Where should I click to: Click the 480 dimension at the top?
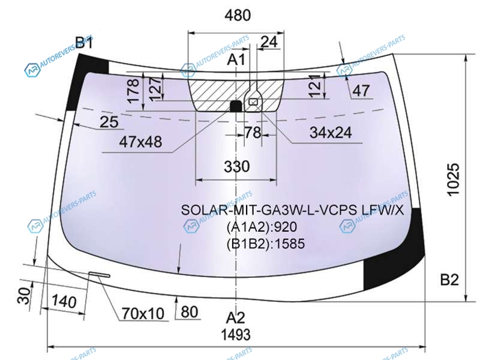(238, 15)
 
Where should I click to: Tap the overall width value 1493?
(236, 335)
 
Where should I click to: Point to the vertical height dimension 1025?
(454, 179)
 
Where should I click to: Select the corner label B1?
(84, 42)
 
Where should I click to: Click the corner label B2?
(449, 280)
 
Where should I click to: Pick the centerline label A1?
(236, 59)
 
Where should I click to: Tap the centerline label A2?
(235, 318)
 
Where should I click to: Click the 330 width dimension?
(236, 167)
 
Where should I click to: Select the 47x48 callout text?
(140, 142)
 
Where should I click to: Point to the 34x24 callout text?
(331, 133)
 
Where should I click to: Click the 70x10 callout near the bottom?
(143, 313)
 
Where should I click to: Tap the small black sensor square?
(236, 106)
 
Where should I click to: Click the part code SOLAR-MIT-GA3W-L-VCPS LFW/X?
(292, 210)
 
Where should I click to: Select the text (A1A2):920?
(262, 227)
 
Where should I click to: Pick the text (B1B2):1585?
(266, 244)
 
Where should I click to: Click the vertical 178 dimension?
(134, 91)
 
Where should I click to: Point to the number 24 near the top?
(269, 41)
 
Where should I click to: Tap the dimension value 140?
(64, 301)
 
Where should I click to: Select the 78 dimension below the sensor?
(253, 133)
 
